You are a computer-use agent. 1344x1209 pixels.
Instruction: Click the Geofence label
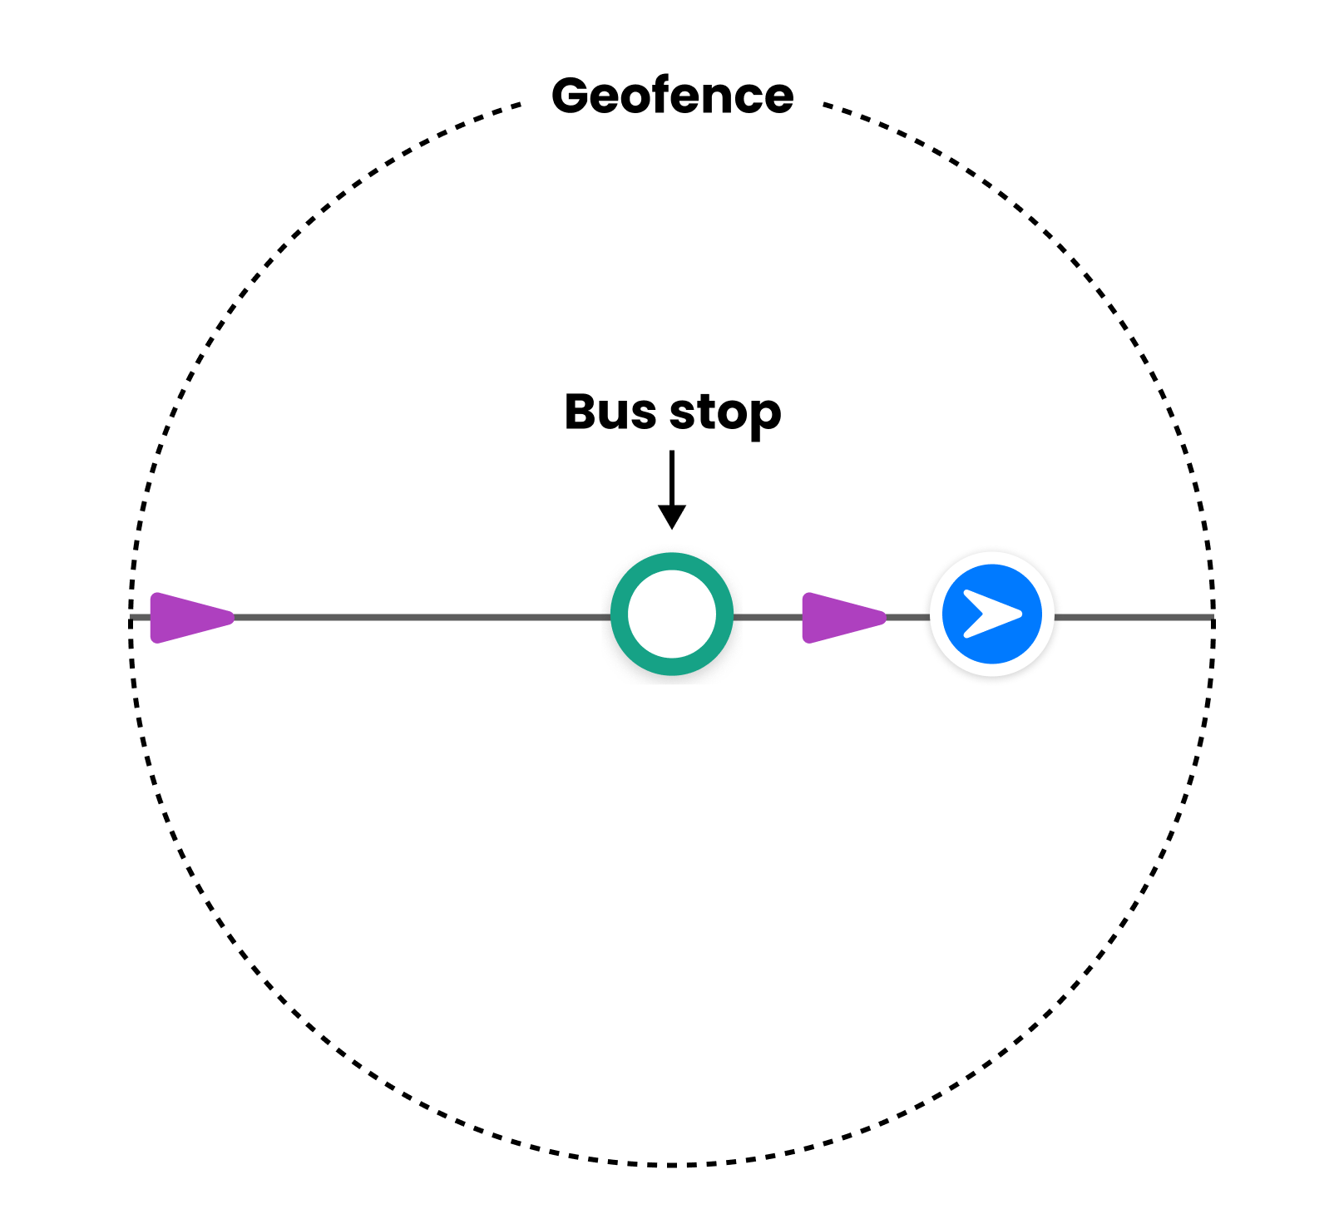672,96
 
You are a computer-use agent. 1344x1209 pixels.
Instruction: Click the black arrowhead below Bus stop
672,516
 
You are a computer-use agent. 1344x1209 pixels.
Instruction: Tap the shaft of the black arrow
672,478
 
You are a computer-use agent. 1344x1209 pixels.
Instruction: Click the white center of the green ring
672,615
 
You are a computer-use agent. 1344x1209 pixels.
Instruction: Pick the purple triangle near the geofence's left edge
187,618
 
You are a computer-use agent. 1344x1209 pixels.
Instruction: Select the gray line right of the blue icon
1131,618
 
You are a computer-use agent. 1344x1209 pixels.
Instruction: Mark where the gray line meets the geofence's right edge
1213,618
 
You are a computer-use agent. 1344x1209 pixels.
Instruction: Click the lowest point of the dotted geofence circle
672,1164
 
